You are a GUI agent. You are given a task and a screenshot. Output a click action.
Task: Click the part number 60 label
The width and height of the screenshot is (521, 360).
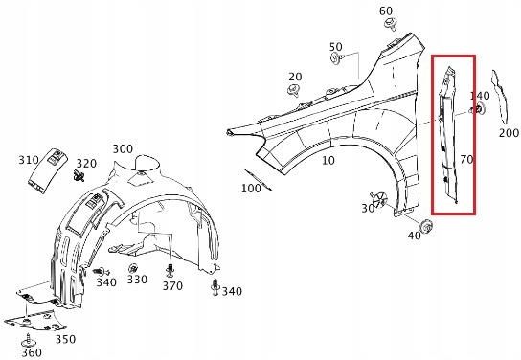(x=386, y=11)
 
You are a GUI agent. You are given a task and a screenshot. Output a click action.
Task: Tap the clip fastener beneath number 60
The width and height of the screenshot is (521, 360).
(x=390, y=24)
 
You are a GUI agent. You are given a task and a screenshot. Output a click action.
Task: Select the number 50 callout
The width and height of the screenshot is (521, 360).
(x=336, y=47)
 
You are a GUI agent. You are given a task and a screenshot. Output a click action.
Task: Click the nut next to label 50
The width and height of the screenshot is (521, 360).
(x=336, y=58)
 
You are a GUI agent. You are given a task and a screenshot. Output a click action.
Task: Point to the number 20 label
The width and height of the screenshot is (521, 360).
(x=295, y=77)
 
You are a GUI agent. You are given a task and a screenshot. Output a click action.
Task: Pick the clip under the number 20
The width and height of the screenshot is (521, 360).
(x=293, y=90)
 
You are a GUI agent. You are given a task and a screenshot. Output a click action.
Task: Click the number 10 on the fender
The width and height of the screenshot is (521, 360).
(x=328, y=161)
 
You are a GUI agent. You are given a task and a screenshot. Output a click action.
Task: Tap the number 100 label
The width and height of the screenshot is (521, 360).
(x=251, y=189)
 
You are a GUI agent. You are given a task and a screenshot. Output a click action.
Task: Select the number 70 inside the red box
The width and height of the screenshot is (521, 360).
(x=466, y=160)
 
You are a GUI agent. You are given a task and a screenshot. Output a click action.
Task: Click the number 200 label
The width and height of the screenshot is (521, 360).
(x=509, y=133)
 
